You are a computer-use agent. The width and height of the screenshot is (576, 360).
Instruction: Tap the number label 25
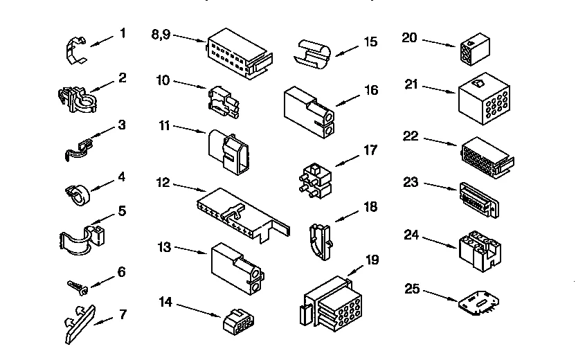click(413, 290)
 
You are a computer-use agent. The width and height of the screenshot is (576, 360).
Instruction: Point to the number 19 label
click(372, 260)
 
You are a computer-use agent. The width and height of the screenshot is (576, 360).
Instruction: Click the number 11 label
click(164, 126)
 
